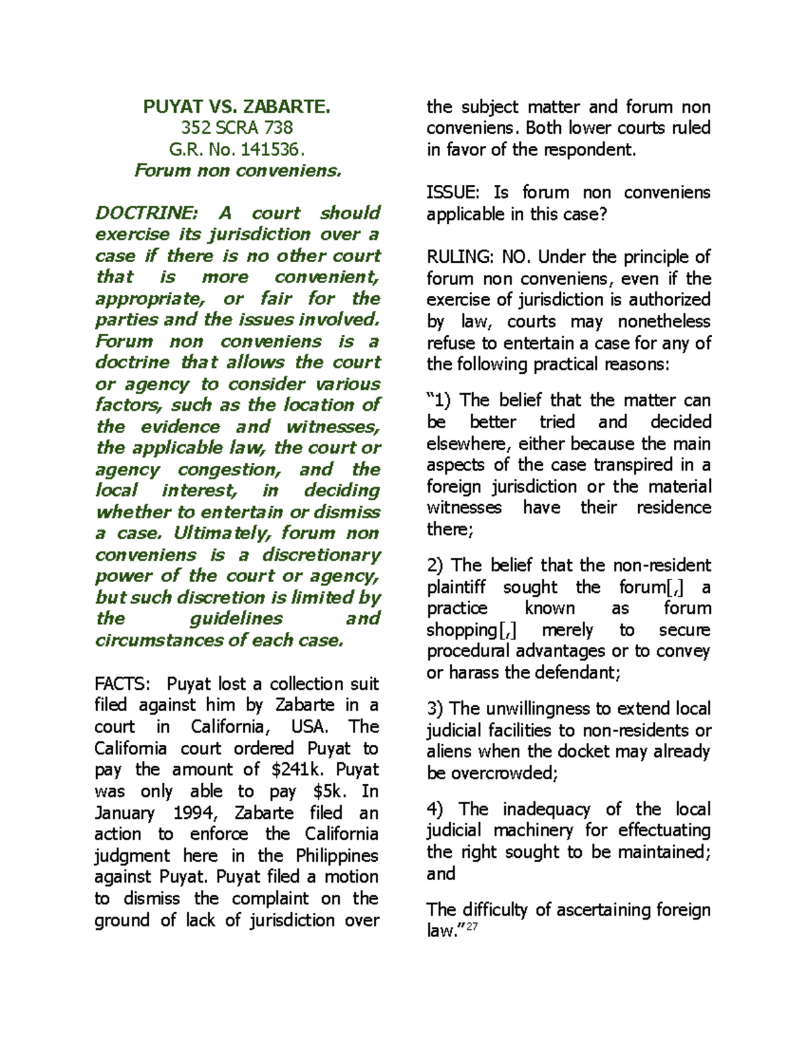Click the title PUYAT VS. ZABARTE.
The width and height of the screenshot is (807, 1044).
[237, 106]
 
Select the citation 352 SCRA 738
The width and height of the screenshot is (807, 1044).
[237, 128]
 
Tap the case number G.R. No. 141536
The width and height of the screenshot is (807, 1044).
[237, 149]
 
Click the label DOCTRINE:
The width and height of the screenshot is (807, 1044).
[147, 213]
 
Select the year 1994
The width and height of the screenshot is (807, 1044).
[196, 813]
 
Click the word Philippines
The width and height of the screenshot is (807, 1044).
[338, 856]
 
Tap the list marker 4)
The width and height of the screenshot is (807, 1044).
[438, 809]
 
